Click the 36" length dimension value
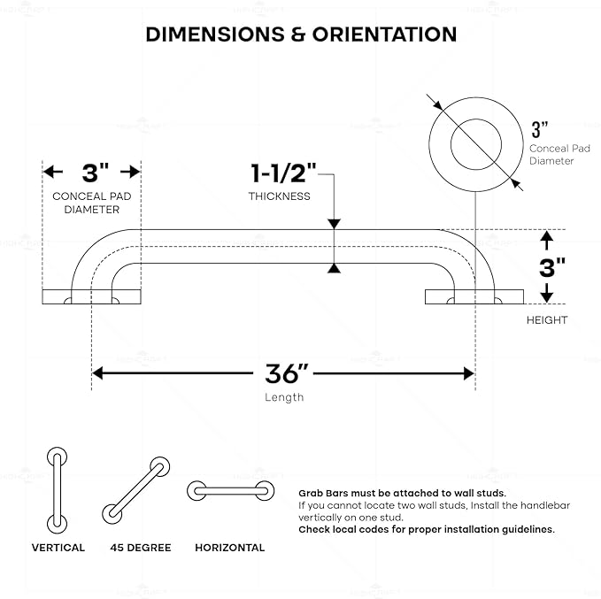[287, 373]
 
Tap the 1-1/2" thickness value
[283, 173]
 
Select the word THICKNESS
[280, 196]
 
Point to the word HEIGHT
[547, 320]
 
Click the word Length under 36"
[284, 397]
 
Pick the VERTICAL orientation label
[58, 548]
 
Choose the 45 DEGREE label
[141, 548]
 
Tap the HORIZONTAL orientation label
[230, 548]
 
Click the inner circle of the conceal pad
[476, 119]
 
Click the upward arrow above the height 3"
[547, 241]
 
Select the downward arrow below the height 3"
[547, 293]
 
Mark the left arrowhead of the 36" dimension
[97, 372]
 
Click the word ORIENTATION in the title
[384, 35]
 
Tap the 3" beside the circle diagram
[540, 129]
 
